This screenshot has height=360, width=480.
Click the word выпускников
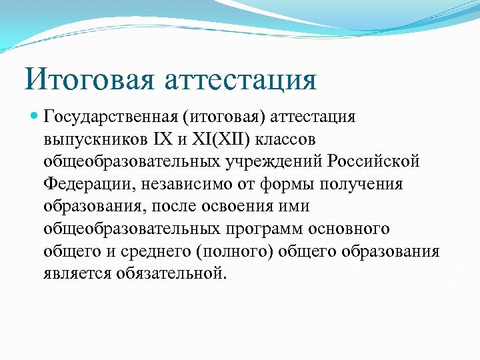tap(87, 140)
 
